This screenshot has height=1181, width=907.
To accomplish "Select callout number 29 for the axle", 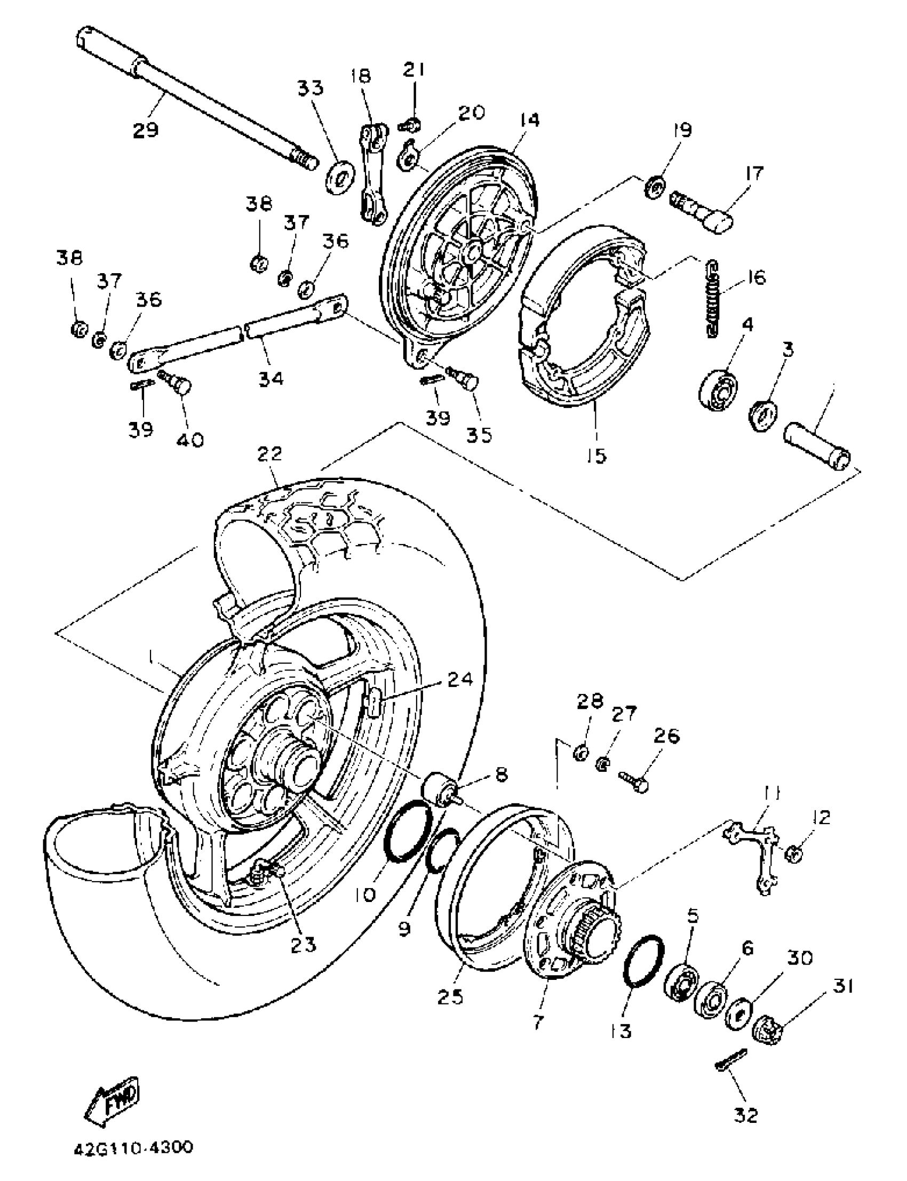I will click(x=146, y=130).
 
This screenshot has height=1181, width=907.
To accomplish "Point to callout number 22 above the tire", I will click(x=269, y=453).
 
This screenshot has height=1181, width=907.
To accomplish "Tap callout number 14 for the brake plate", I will click(x=530, y=120).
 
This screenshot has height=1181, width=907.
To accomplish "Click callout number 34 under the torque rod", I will click(x=270, y=379).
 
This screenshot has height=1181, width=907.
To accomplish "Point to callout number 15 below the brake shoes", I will click(x=598, y=455).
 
